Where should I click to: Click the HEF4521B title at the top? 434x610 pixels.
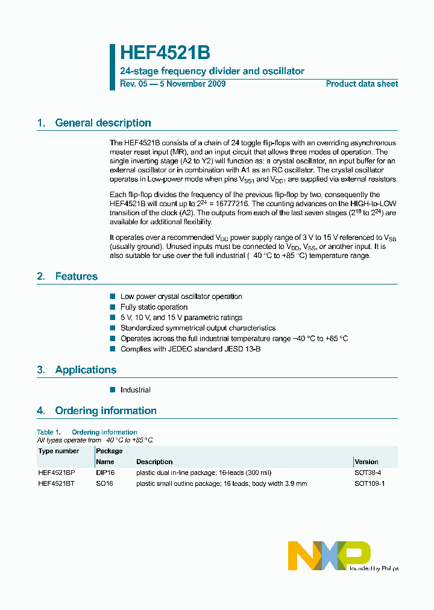coord(165,52)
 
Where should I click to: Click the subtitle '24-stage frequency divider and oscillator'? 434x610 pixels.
coord(212,71)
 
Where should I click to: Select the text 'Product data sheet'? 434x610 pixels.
coord(362,84)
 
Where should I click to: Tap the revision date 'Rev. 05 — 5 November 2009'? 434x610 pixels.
coord(173,84)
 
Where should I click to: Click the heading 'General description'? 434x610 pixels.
coord(102,123)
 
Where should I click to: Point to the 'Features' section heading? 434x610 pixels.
coord(76,277)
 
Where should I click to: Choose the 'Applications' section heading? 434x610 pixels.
coord(86,370)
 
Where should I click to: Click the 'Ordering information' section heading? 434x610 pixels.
coord(105,411)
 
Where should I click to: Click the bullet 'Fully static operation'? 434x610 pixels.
coord(154,307)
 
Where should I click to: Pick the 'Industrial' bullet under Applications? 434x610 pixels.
coord(135,390)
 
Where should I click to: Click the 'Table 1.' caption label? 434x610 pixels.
coord(49,432)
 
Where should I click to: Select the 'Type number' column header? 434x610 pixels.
coord(58,451)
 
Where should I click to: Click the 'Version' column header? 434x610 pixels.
coord(366,462)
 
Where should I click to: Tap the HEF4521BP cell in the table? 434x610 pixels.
coord(57,473)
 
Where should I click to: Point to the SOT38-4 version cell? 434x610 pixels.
coord(368,473)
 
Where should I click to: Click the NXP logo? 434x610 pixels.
coord(329,555)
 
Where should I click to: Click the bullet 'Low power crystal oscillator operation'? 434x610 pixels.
coord(181,297)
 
